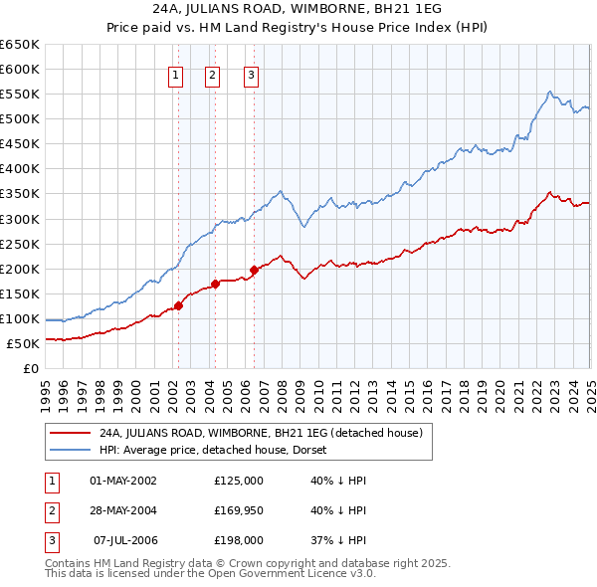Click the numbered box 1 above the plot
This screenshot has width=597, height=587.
pyautogui.click(x=176, y=74)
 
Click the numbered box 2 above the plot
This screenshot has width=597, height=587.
pyautogui.click(x=213, y=74)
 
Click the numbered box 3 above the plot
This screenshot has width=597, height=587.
pyautogui.click(x=251, y=74)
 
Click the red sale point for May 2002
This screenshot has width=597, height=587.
pyautogui.click(x=179, y=305)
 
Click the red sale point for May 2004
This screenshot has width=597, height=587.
pyautogui.click(x=216, y=284)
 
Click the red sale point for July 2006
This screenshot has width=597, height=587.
pyautogui.click(x=255, y=270)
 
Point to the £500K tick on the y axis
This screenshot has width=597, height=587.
pyautogui.click(x=20, y=119)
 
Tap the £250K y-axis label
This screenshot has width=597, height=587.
pyautogui.click(x=20, y=244)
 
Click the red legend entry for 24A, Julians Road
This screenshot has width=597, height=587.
pyautogui.click(x=261, y=433)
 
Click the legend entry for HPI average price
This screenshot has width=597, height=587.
pyautogui.click(x=220, y=450)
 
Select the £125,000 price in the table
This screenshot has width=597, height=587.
pyautogui.click(x=239, y=481)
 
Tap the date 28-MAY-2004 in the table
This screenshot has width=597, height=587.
pyautogui.click(x=123, y=511)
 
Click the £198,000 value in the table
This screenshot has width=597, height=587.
pyautogui.click(x=239, y=541)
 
